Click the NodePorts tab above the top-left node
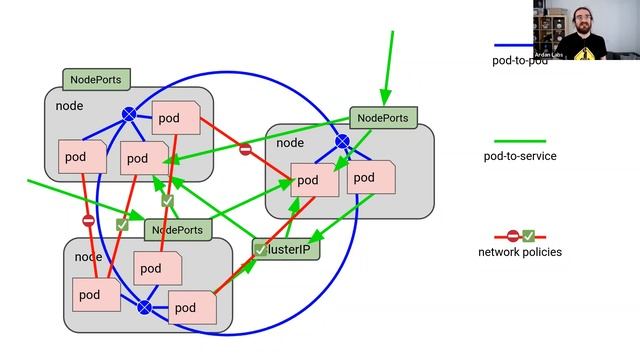tap(96, 79)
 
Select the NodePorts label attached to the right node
tap(383, 117)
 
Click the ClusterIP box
tap(287, 249)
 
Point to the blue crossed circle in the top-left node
tap(129, 115)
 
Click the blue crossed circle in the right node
tap(342, 142)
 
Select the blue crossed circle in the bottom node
tap(144, 307)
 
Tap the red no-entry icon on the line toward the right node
tap(245, 150)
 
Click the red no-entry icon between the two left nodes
tap(88, 220)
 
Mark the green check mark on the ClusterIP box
tap(261, 249)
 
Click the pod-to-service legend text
tap(520, 156)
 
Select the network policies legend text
tap(520, 252)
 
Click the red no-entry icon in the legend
tap(513, 236)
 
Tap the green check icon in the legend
tap(528, 236)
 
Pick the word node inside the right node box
tap(290, 143)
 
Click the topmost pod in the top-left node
tap(175, 118)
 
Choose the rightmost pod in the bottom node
tap(192, 307)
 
